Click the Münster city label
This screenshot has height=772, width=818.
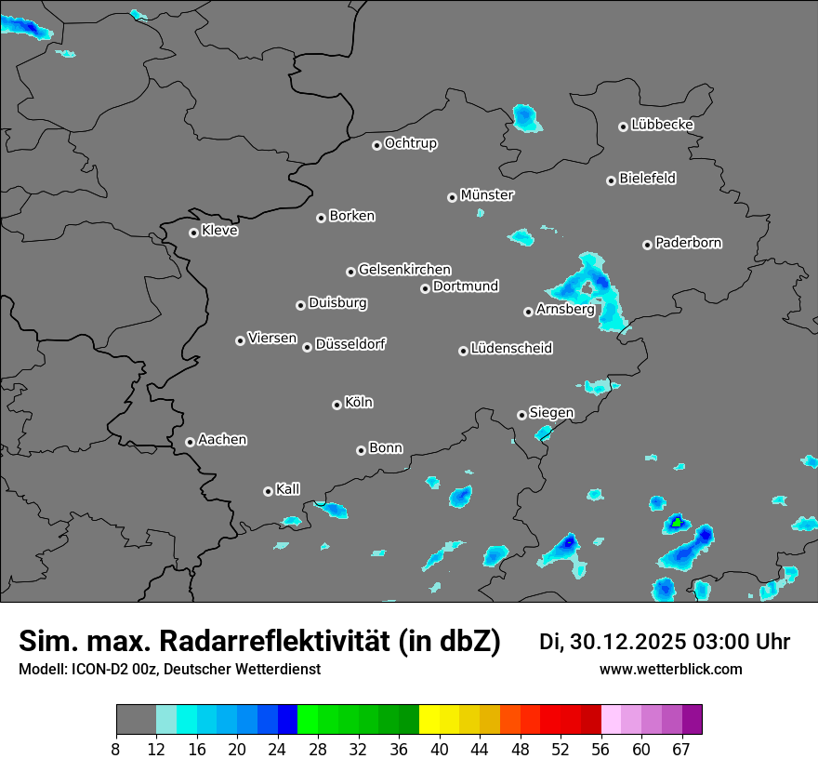(x=487, y=195)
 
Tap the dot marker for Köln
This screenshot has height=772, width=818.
(x=336, y=405)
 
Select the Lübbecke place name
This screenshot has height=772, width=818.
(x=662, y=125)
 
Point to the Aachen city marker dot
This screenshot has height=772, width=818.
(x=190, y=442)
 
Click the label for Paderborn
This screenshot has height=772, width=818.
(x=688, y=243)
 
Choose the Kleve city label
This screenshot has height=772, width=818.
(x=219, y=231)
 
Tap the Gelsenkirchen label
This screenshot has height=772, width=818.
(x=404, y=270)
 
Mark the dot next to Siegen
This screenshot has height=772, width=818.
(x=521, y=415)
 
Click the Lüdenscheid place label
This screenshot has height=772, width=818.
(x=511, y=349)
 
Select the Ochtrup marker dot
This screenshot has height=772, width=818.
(x=376, y=145)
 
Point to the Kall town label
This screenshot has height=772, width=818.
(x=288, y=489)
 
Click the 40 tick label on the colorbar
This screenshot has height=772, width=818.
(x=441, y=750)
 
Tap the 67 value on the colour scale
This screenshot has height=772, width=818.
(x=682, y=750)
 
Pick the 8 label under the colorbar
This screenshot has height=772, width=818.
(x=116, y=750)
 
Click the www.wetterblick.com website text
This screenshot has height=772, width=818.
(x=671, y=669)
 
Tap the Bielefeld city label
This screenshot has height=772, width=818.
(x=647, y=179)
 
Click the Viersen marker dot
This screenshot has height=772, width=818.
(x=240, y=340)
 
